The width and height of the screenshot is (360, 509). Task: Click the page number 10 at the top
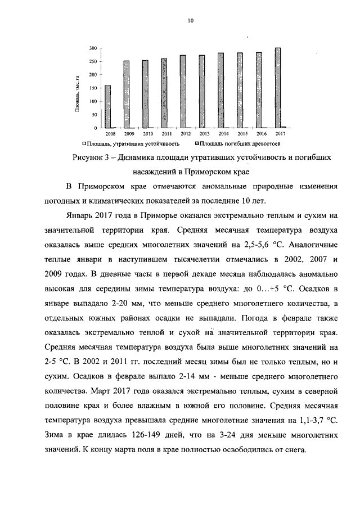click(x=190, y=21)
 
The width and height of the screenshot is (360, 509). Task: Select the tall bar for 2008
click(x=108, y=107)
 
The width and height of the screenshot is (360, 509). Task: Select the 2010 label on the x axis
click(x=148, y=134)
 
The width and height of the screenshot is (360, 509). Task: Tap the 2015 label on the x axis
click(x=242, y=134)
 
